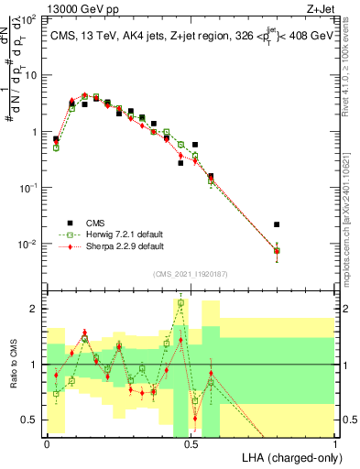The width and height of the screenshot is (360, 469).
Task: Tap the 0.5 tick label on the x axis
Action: (x=191, y=442)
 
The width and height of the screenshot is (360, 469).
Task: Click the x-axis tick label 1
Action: (x=334, y=442)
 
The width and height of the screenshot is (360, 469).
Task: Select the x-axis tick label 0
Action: (x=47, y=442)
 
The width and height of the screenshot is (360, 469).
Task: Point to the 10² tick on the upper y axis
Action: (x=29, y=19)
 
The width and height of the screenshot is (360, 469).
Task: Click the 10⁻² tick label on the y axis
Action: (x=29, y=244)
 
